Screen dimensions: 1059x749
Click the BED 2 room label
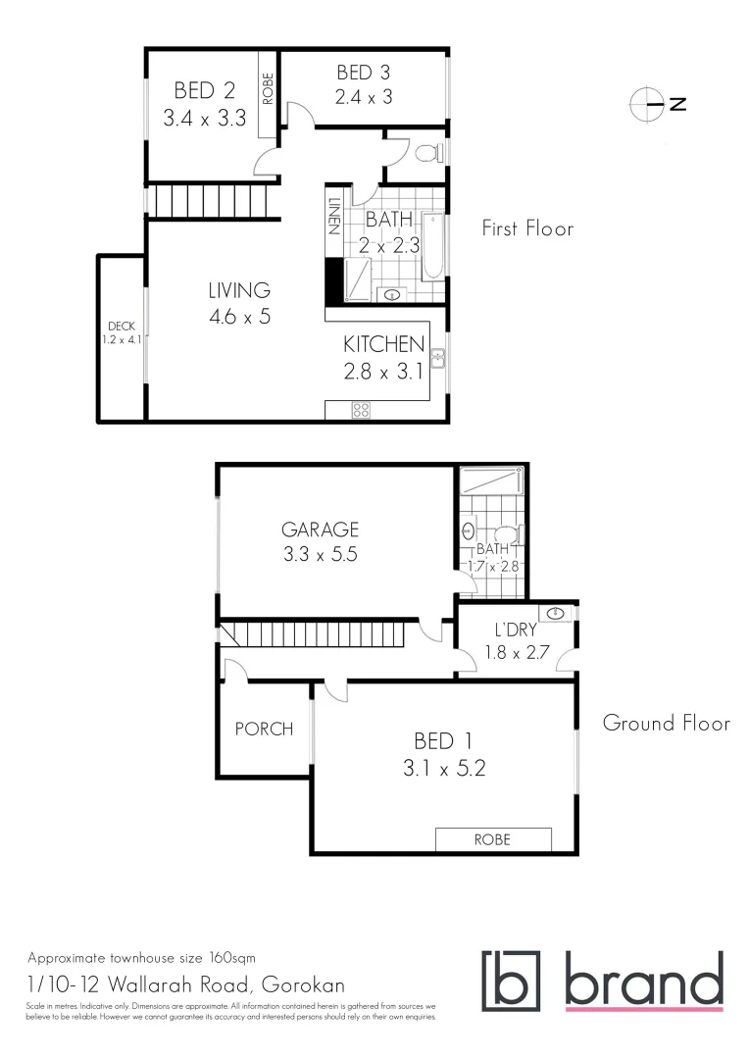pos(204,105)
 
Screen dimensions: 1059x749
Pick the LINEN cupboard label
pos(334,218)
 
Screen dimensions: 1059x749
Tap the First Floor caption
pos(526,228)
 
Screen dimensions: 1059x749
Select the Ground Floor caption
pos(666,724)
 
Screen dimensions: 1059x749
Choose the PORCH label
pos(264,729)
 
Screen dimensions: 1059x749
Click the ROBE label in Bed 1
pos(492,839)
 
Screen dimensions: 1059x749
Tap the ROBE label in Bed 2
pos(268,89)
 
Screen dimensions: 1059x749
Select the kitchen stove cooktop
pos(360,411)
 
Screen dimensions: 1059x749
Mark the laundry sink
pos(556,614)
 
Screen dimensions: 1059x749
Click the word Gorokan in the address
pos(302,983)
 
